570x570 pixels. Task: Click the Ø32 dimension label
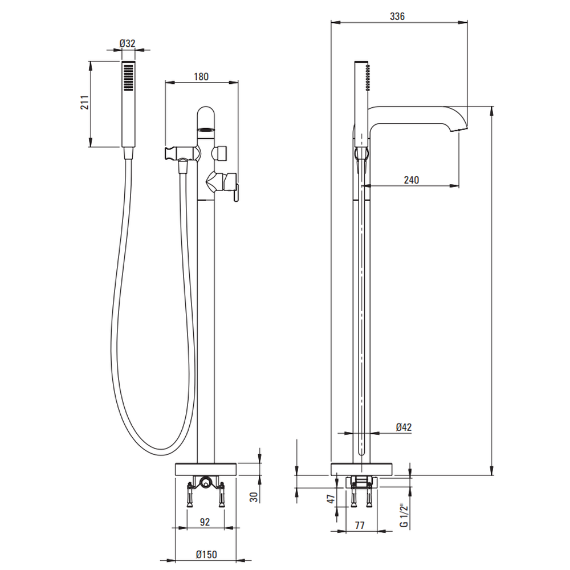click(127, 44)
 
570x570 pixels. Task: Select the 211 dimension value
click(84, 103)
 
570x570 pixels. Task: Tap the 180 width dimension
click(201, 77)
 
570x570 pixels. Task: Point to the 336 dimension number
click(397, 17)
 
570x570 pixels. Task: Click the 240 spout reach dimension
click(411, 180)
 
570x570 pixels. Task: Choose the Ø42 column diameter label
click(404, 427)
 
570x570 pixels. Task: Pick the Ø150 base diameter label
click(206, 555)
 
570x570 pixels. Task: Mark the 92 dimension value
click(205, 522)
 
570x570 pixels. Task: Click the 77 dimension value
click(360, 526)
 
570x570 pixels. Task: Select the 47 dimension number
click(331, 499)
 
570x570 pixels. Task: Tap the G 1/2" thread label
click(404, 515)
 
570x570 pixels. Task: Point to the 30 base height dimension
click(254, 497)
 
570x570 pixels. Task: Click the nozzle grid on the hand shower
click(128, 77)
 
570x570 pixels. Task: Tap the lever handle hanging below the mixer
click(236, 193)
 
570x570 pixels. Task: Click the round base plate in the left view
click(206, 469)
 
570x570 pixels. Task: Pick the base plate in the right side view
click(361, 469)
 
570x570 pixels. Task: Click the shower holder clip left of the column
click(172, 153)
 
